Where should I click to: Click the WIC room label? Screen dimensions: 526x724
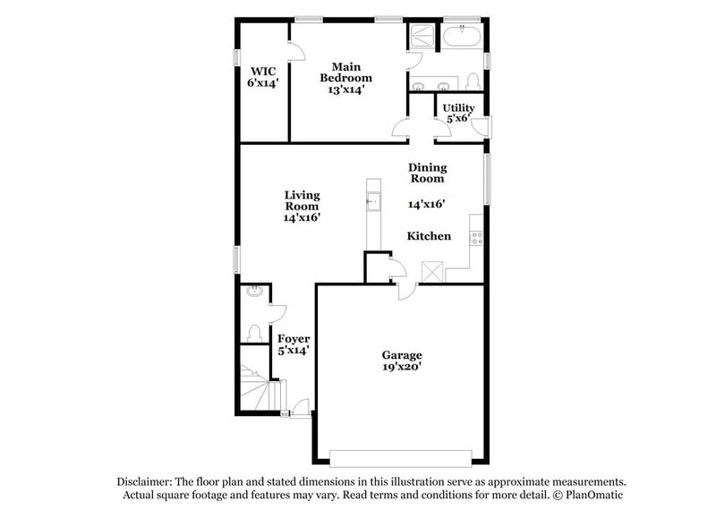pyautogui.click(x=263, y=71)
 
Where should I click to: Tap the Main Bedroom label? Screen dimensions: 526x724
pyautogui.click(x=345, y=72)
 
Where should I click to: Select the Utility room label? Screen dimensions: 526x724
pyautogui.click(x=458, y=108)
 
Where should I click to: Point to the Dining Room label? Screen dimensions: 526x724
pyautogui.click(x=427, y=173)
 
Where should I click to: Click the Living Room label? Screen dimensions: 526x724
pyautogui.click(x=302, y=200)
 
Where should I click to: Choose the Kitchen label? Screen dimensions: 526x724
pyautogui.click(x=429, y=236)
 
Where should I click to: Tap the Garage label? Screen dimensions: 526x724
pyautogui.click(x=402, y=355)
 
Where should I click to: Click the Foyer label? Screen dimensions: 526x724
pyautogui.click(x=293, y=339)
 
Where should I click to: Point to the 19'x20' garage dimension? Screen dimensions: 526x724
pyautogui.click(x=402, y=367)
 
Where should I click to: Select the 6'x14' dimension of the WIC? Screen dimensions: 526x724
pyautogui.click(x=263, y=82)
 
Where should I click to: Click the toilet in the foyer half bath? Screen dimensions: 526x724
pyautogui.click(x=254, y=333)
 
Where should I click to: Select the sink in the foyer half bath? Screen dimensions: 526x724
pyautogui.click(x=254, y=291)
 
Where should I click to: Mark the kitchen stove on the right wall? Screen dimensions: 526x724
pyautogui.click(x=477, y=238)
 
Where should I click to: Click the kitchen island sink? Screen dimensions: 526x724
pyautogui.click(x=372, y=200)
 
